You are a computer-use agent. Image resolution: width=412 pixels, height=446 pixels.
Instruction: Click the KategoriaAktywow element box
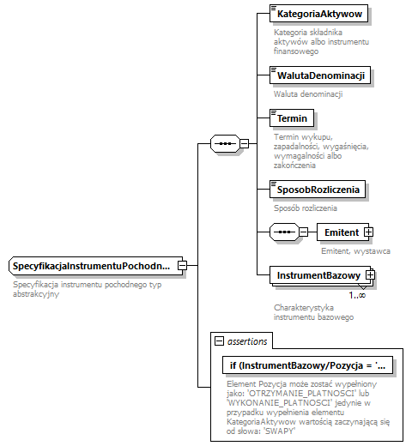(x=318, y=15)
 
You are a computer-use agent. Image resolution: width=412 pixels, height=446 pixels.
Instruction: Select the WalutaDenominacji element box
(x=318, y=75)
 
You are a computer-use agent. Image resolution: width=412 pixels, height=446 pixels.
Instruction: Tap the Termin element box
(x=290, y=118)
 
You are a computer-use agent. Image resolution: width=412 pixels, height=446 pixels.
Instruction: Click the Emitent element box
(x=341, y=232)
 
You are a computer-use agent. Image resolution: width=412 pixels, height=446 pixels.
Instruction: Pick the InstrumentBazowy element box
(x=318, y=274)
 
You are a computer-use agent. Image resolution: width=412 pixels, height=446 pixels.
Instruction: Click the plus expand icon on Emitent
(x=368, y=232)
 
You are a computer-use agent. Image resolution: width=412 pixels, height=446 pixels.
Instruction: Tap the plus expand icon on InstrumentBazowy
(x=371, y=274)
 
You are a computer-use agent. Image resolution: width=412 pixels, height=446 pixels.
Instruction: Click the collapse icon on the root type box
(x=182, y=266)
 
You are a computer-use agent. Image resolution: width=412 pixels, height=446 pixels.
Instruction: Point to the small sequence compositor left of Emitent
(x=282, y=232)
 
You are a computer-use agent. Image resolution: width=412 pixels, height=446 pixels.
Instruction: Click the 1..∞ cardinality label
(x=358, y=295)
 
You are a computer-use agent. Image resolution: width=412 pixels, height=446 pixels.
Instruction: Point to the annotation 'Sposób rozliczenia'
(x=306, y=207)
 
